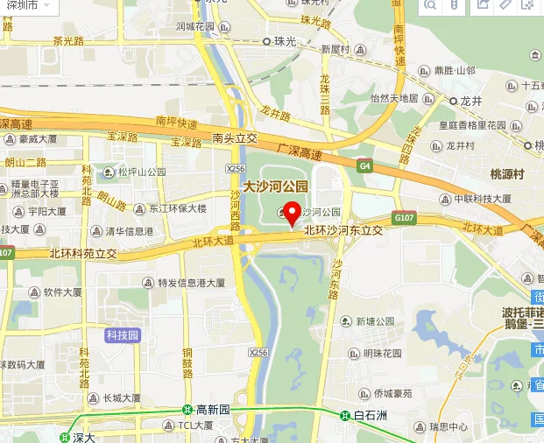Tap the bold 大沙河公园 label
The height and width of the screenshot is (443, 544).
276,186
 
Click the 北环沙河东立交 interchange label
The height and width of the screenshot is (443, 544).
343,229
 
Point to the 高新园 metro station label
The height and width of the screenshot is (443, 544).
212,409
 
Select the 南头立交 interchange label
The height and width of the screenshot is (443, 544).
235,137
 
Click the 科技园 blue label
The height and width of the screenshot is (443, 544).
122,334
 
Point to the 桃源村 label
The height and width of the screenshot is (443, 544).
507,174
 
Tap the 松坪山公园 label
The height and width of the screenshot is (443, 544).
143,172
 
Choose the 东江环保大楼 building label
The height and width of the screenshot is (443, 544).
177,208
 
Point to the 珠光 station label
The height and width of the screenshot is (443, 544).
285,40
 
